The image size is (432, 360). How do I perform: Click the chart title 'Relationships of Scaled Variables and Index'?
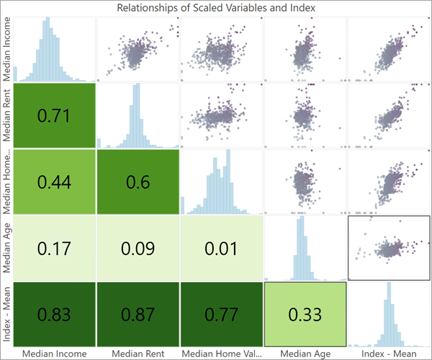pyautogui.click(x=216, y=7)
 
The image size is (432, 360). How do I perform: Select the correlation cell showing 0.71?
pyautogui.click(x=54, y=115)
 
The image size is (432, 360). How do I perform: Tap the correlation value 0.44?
pyautogui.click(x=54, y=181)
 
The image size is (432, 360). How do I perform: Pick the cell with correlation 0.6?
pyautogui.click(x=138, y=181)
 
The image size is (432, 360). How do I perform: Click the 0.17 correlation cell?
pyautogui.click(x=54, y=248)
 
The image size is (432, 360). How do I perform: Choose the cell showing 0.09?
pyautogui.click(x=138, y=248)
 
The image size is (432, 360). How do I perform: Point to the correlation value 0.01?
pyautogui.click(x=221, y=248)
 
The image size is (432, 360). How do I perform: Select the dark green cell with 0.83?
pyautogui.click(x=54, y=315)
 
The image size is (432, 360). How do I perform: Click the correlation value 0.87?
pyautogui.click(x=138, y=315)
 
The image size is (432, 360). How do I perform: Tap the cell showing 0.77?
pyautogui.click(x=221, y=315)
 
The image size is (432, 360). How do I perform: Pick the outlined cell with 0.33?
pyautogui.click(x=305, y=315)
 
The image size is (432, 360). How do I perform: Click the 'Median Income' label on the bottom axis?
pyautogui.click(x=54, y=354)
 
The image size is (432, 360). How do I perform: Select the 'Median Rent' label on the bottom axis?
pyautogui.click(x=138, y=354)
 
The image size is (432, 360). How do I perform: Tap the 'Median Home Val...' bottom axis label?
pyautogui.click(x=221, y=354)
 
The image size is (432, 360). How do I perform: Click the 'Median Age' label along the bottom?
pyautogui.click(x=305, y=354)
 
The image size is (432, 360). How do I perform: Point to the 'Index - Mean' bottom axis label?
pyautogui.click(x=389, y=354)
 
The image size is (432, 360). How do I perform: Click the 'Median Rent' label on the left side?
pyautogui.click(x=7, y=115)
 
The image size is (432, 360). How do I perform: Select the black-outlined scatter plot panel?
pyautogui.click(x=389, y=248)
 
